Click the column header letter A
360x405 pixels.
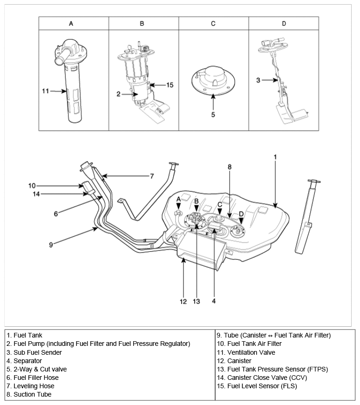click(71, 23)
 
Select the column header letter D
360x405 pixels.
click(284, 23)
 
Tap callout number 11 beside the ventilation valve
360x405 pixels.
click(45, 91)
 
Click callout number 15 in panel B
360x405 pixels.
click(170, 85)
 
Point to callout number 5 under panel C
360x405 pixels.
click(213, 115)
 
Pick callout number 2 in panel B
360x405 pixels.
click(119, 94)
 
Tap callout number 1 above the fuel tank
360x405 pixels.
click(275, 157)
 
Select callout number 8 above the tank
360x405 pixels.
click(229, 166)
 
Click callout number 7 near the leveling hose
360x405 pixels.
click(152, 176)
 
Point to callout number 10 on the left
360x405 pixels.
click(32, 186)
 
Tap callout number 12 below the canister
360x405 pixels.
click(183, 302)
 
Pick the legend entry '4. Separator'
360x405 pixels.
click(24, 361)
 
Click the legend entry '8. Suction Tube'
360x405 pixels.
click(29, 394)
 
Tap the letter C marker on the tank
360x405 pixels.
click(219, 204)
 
